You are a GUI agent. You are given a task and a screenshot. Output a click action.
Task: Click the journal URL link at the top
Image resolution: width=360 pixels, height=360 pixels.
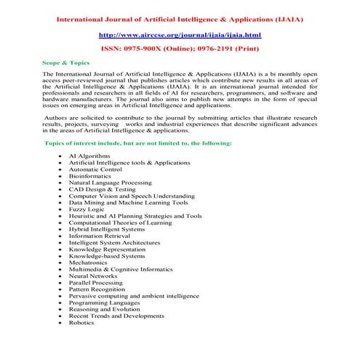(180, 34)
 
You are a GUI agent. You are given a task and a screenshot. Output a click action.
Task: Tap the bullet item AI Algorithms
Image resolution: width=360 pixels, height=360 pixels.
(89, 156)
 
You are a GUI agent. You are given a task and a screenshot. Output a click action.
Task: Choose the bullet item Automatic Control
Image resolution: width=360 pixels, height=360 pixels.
(95, 169)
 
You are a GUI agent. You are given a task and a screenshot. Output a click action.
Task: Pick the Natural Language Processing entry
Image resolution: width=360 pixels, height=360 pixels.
(111, 182)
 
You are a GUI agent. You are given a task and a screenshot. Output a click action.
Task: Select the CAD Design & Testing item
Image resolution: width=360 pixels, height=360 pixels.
(101, 189)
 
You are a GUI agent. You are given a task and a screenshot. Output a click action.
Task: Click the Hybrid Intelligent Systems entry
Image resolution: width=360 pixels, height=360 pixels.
(106, 229)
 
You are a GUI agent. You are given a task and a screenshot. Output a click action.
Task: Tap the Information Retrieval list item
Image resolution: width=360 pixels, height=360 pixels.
(98, 236)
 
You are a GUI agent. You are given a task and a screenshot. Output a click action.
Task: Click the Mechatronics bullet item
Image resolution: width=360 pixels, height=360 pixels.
(90, 263)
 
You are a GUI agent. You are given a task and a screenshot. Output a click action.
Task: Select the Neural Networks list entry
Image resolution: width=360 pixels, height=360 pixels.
(93, 276)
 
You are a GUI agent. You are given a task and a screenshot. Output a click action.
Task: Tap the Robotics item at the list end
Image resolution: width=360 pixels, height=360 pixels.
(81, 323)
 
